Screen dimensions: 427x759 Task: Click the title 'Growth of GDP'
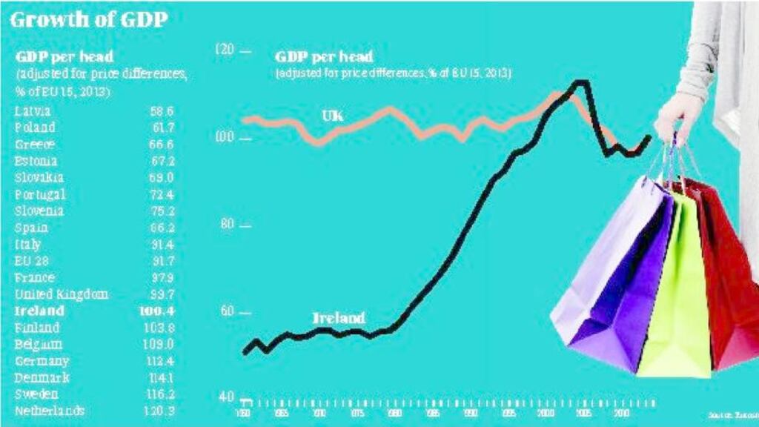point(88,19)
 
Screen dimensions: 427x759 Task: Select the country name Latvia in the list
point(33,111)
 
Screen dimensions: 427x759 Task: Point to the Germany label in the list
point(42,361)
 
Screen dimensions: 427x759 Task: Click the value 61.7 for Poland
point(161,128)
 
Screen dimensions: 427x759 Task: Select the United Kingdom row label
point(62,294)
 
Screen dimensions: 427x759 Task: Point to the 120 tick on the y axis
point(224,50)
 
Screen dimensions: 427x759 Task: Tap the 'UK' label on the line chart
point(332,116)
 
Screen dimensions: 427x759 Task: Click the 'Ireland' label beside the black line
point(339,318)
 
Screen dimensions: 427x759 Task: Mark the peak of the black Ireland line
point(581,82)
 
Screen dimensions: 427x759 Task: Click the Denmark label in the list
point(43,377)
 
